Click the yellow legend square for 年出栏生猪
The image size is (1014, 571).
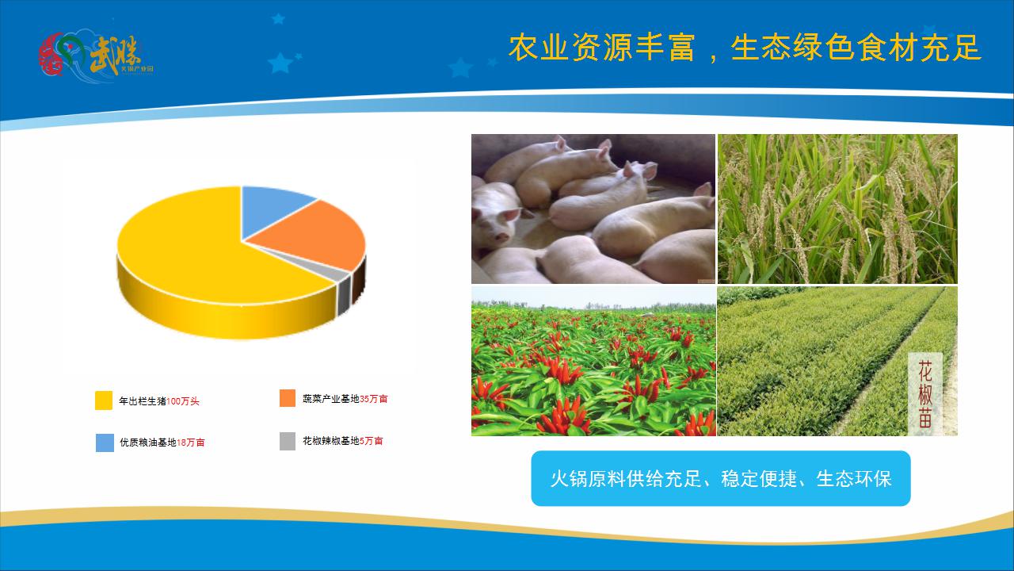[104, 400]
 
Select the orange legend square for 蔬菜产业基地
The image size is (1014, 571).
[288, 398]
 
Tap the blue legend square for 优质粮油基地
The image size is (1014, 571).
[104, 443]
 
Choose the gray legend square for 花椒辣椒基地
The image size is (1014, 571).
[288, 441]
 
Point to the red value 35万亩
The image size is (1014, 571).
[374, 399]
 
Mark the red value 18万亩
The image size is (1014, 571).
[191, 443]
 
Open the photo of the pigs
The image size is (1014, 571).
[593, 209]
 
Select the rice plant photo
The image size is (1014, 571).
[837, 209]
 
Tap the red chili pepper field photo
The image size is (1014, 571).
[593, 362]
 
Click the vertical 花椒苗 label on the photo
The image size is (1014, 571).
[925, 394]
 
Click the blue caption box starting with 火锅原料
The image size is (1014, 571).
[720, 478]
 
